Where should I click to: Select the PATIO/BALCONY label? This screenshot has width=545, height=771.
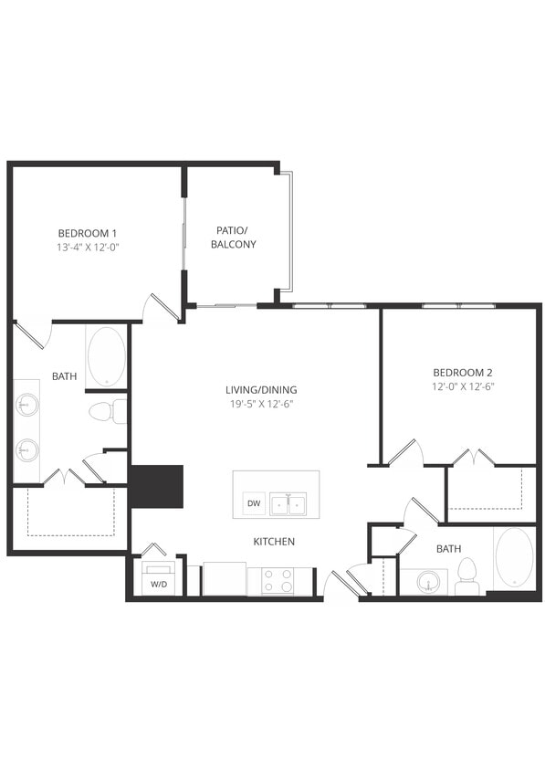point(234,237)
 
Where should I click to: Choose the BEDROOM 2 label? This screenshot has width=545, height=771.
point(462,372)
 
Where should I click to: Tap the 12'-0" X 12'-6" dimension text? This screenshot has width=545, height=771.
point(462,386)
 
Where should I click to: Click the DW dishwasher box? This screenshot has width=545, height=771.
point(253,503)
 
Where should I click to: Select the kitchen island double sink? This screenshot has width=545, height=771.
point(290,503)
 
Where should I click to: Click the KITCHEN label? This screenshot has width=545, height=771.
point(274,542)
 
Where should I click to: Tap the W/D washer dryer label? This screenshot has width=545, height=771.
point(158,585)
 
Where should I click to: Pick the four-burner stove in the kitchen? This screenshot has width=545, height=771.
point(278,581)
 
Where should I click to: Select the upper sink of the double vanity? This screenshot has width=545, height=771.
point(27,403)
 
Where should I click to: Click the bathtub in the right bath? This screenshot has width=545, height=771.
point(515,558)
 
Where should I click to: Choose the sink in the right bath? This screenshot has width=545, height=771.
point(425,581)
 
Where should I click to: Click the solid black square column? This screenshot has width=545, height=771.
point(157,486)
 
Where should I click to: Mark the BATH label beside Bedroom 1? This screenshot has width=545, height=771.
point(64,375)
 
